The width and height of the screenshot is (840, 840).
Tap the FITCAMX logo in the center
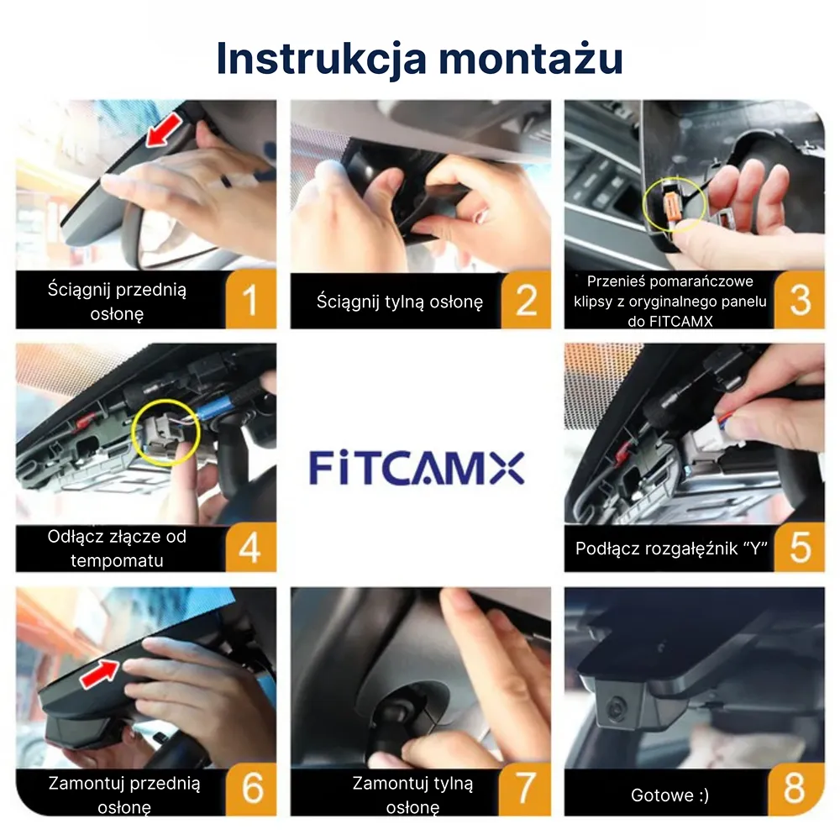(417, 468)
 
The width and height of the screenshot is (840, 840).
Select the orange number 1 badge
(251, 300)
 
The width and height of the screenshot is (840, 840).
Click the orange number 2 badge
(526, 300)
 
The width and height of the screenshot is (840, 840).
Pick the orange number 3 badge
(800, 300)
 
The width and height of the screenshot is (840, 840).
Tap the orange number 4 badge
(251, 547)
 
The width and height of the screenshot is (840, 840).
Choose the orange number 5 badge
(800, 547)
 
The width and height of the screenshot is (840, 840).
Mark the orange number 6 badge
(251, 789)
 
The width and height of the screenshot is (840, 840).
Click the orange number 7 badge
(526, 789)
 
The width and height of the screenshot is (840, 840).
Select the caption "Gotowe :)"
(669, 795)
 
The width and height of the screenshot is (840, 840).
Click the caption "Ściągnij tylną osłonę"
(400, 302)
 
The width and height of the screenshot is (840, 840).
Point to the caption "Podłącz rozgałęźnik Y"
(672, 549)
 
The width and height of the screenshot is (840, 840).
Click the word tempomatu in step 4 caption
(117, 559)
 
